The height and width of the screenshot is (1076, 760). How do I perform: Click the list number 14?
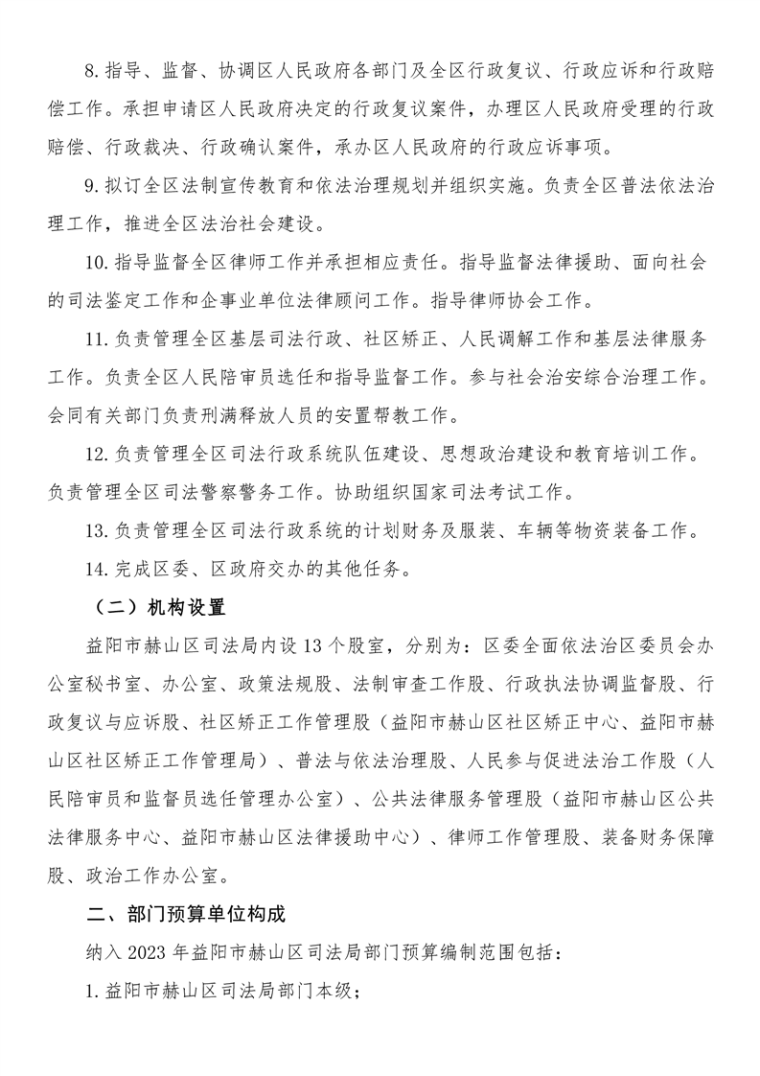point(97,569)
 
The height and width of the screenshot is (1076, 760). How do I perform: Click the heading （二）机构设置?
point(153,606)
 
